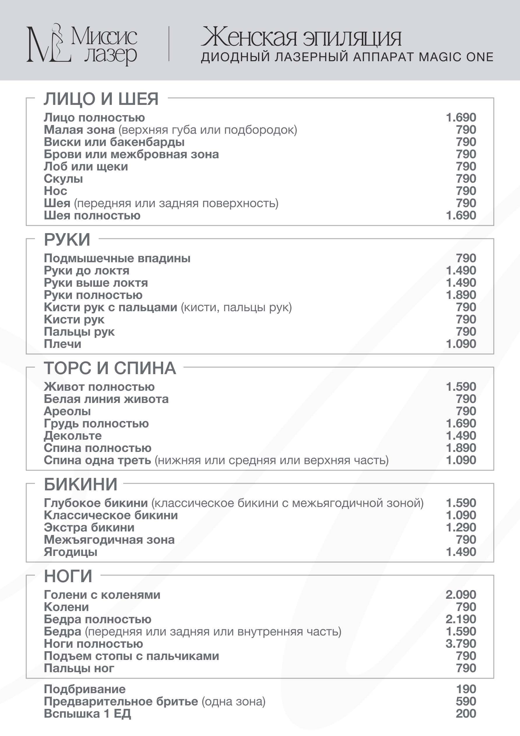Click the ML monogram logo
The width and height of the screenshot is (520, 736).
48,44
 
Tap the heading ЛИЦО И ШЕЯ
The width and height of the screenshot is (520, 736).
101,99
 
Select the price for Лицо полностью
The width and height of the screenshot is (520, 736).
461,118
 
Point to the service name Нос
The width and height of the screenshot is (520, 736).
55,191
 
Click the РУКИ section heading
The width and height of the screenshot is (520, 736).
67,240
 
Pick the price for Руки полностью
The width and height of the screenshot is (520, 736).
461,295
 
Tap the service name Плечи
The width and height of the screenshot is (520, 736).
63,344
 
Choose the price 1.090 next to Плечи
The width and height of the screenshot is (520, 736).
461,344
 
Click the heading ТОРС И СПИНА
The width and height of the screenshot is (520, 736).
110,368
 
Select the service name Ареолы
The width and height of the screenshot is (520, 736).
67,411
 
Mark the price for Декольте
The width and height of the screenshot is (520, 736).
461,436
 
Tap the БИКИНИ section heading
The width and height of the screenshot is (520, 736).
81,484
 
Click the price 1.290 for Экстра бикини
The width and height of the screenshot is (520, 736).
461,527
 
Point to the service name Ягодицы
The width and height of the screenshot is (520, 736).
70,552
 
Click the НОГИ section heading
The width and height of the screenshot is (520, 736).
68,576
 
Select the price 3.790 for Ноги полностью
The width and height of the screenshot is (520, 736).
461,644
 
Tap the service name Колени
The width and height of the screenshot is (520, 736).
66,607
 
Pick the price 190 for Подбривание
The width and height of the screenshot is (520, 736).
466,689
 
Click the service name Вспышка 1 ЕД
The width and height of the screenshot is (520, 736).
87,714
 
